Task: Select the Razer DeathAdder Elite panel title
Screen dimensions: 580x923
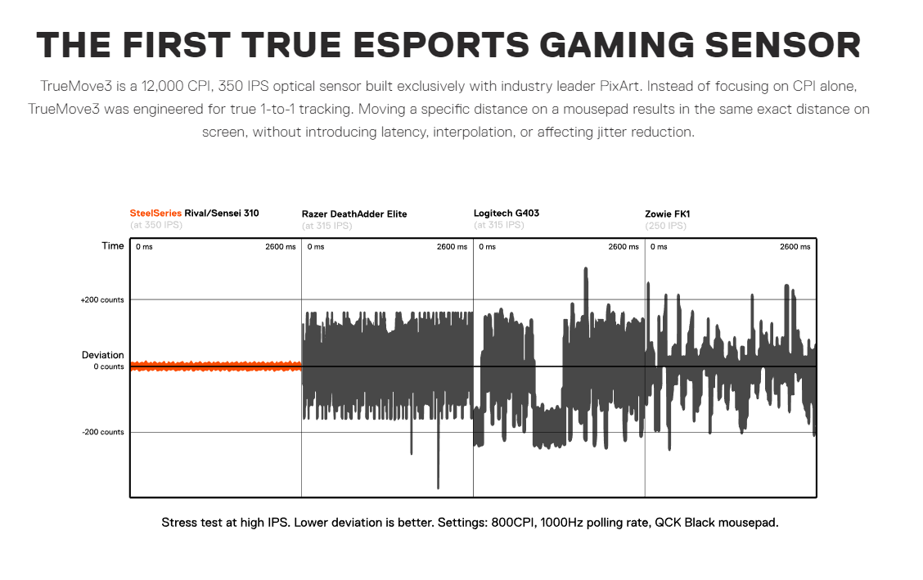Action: pyautogui.click(x=354, y=214)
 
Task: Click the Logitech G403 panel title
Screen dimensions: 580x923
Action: pyautogui.click(x=507, y=214)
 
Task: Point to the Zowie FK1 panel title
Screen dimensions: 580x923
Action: pyautogui.click(x=668, y=214)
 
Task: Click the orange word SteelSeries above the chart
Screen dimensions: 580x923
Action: pyautogui.click(x=155, y=213)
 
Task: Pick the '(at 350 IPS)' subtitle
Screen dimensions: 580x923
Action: pyautogui.click(x=156, y=224)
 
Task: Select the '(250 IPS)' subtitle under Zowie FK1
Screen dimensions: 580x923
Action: pyautogui.click(x=666, y=225)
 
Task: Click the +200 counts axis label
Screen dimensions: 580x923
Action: pyautogui.click(x=102, y=300)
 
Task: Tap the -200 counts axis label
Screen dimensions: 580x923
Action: pyautogui.click(x=103, y=432)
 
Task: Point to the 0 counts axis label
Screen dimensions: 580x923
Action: pyautogui.click(x=109, y=366)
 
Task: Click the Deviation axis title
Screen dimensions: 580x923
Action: pyautogui.click(x=103, y=355)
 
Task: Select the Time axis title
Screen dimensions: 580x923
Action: pyautogui.click(x=113, y=245)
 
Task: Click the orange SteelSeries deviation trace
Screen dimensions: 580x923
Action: pyautogui.click(x=215, y=366)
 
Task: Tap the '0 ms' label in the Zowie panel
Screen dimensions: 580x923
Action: pyautogui.click(x=659, y=246)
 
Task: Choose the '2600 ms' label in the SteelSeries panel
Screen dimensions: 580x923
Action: pyautogui.click(x=280, y=246)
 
